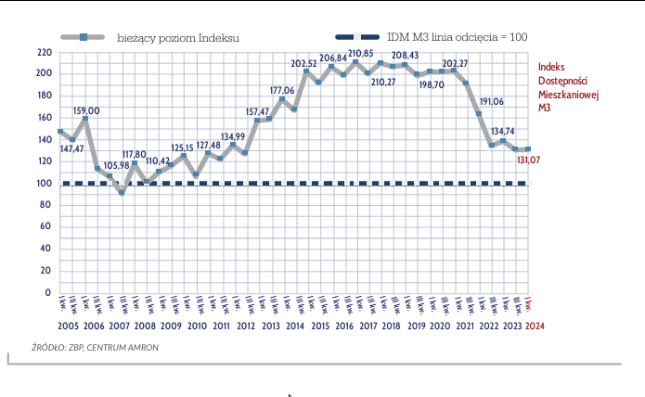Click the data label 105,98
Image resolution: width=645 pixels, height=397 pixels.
pos(117,166)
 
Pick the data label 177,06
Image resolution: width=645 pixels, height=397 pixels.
pos(282,91)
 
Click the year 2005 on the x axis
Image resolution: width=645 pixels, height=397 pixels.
pos(68,327)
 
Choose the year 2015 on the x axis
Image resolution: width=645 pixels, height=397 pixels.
pos(320,327)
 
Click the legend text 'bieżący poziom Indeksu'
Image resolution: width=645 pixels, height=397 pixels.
pos(179,37)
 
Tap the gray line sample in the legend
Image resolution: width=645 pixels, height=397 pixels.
pos(83,37)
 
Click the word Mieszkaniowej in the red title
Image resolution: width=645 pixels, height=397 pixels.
pos(571,95)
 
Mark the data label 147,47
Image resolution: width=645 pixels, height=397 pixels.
pos(71,148)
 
